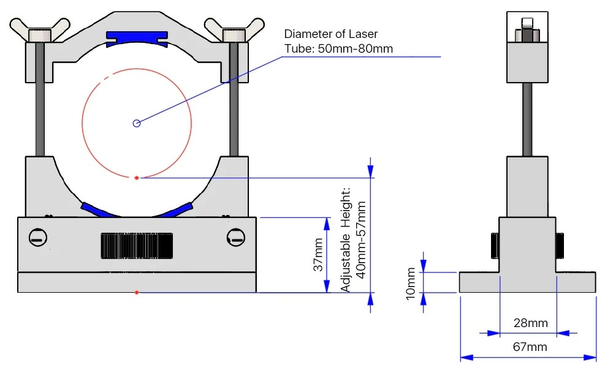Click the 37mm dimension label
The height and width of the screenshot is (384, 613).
pos(318,255)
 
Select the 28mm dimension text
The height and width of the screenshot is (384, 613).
pos(530,323)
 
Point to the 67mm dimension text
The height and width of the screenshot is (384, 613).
pos(529,347)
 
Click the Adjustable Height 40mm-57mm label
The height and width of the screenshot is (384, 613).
pos(354,239)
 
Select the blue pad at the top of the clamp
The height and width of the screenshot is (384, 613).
pos(137,39)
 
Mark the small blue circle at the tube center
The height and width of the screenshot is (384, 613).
pos(137,123)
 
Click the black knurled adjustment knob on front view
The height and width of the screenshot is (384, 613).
pos(137,246)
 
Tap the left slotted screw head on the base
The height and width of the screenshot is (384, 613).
pos(38,237)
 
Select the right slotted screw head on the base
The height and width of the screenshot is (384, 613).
pos(235,236)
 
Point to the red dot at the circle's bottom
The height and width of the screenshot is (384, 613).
pos(137,178)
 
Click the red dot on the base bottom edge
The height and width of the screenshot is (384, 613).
pos(137,293)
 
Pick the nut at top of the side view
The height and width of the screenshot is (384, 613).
pos(527,31)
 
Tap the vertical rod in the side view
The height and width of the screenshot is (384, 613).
pos(527,119)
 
